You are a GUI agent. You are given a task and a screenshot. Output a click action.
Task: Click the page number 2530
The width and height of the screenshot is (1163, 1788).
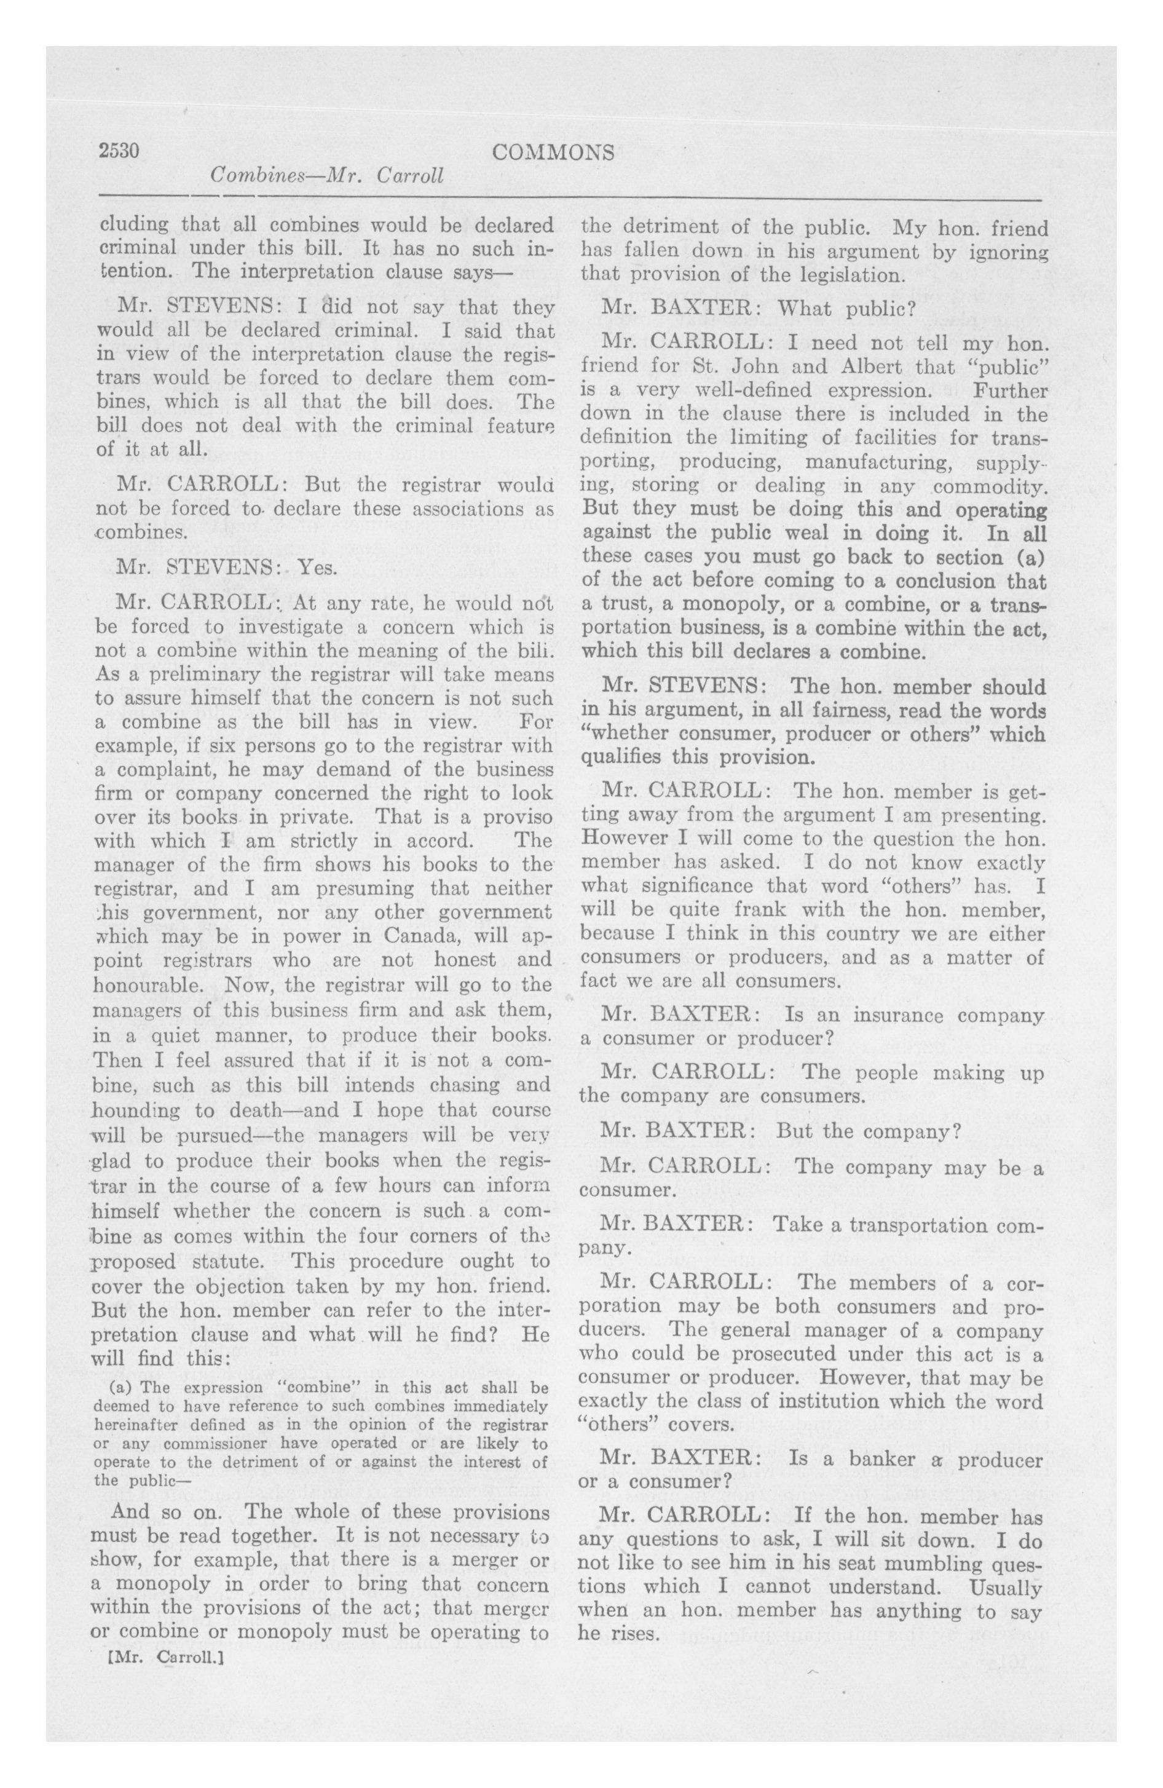click(x=119, y=151)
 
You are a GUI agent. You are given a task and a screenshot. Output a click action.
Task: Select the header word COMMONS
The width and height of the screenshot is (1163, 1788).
click(x=553, y=152)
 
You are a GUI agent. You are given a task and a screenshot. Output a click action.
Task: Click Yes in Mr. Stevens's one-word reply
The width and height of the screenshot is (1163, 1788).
click(x=318, y=567)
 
